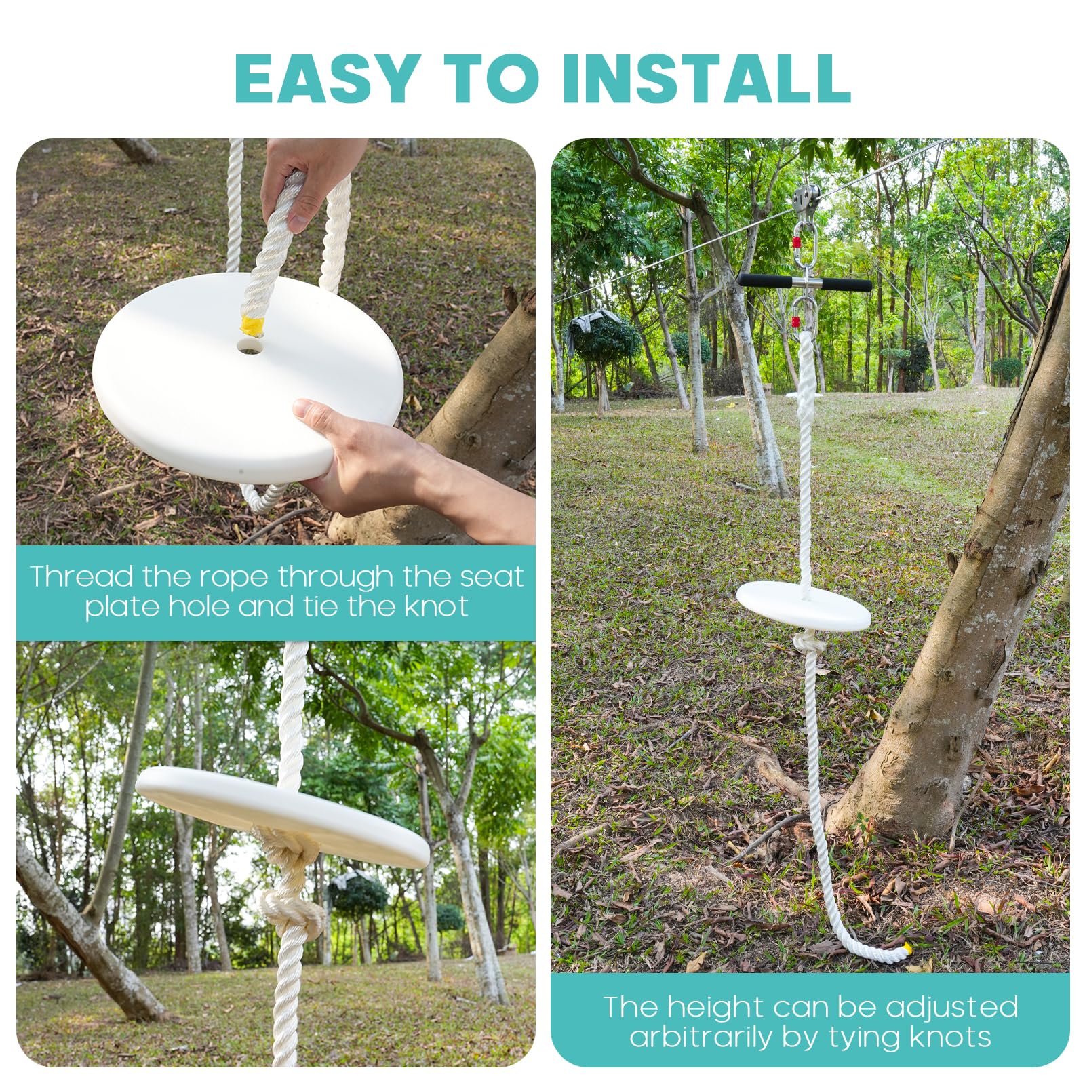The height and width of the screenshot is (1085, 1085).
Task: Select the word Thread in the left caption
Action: pyautogui.click(x=81, y=577)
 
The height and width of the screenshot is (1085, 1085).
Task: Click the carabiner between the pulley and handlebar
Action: pyautogui.click(x=805, y=244)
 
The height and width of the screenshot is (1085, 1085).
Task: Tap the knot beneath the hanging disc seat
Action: pyautogui.click(x=807, y=644)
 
